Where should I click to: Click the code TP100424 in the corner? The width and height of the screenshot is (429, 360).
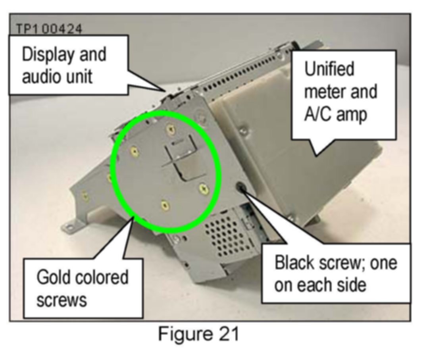point(49,29)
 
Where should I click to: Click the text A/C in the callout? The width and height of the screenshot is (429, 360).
point(318,116)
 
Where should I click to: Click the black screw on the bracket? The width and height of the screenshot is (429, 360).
point(240,186)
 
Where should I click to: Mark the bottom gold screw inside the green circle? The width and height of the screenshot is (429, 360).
point(165,205)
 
